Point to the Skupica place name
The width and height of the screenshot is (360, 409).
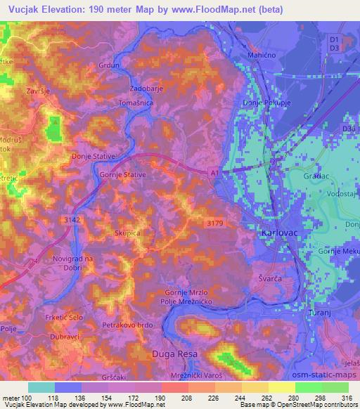click(127, 231)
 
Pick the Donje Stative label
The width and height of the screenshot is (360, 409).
click(93, 156)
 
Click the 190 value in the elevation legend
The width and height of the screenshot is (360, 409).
click(160, 398)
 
